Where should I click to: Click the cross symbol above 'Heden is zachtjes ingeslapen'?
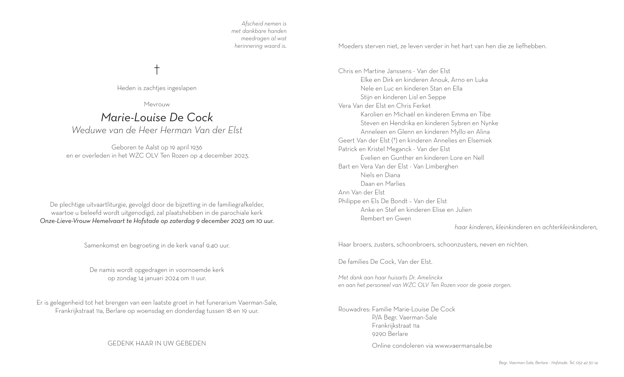pos(157,70)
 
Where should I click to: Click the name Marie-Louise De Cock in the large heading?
pos(157,117)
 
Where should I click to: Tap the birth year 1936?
pos(196,147)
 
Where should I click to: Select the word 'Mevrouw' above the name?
pos(157,104)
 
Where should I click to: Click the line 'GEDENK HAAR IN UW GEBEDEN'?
pos(157,344)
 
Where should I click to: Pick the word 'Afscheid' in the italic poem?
pos(252,24)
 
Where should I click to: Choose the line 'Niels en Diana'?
pos(380,175)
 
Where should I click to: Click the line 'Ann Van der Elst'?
pos(361,193)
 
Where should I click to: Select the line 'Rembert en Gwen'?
pos(386,218)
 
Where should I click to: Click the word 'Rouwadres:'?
pos(354,309)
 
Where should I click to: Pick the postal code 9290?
pos(379,334)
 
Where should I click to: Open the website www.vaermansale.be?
pos(463,346)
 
